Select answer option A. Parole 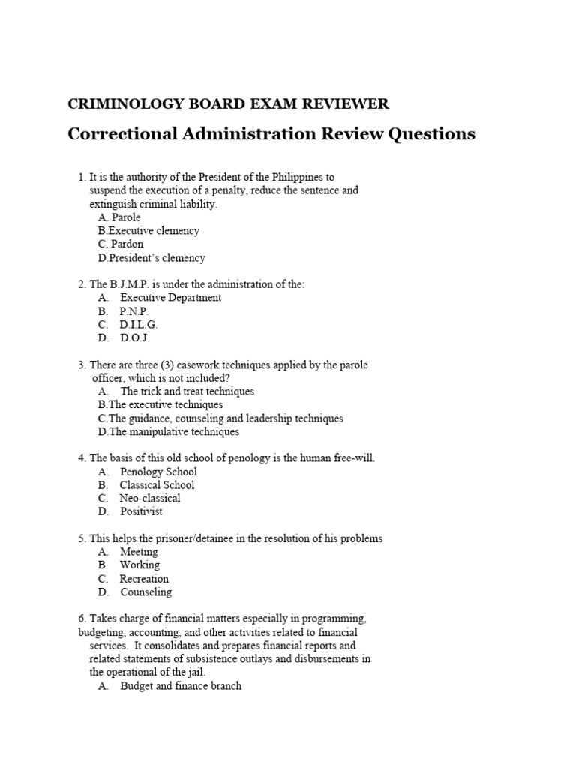pyautogui.click(x=119, y=217)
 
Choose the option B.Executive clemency pyautogui.click(x=148, y=231)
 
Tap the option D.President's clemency pyautogui.click(x=151, y=258)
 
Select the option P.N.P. pyautogui.click(x=133, y=311)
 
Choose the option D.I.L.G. pyautogui.click(x=138, y=325)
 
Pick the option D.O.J pyautogui.click(x=133, y=338)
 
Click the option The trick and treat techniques pyautogui.click(x=187, y=391)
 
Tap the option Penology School pyautogui.click(x=158, y=472)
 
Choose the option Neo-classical pyautogui.click(x=150, y=498)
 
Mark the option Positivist pyautogui.click(x=141, y=511)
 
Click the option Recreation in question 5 pyautogui.click(x=144, y=579)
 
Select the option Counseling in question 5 pyautogui.click(x=145, y=592)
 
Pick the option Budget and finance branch pyautogui.click(x=180, y=686)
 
